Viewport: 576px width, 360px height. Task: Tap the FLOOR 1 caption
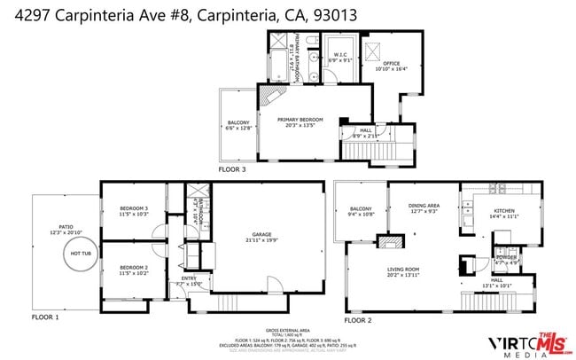(45, 317)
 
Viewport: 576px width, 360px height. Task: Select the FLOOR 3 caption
(232, 167)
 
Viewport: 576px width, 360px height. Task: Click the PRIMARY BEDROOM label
(300, 119)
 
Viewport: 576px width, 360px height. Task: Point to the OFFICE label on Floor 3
(392, 63)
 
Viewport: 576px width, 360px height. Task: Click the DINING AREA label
(424, 207)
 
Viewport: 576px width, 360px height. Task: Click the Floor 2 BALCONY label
(360, 209)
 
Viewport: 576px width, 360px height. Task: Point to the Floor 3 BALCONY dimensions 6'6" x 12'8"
(238, 128)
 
